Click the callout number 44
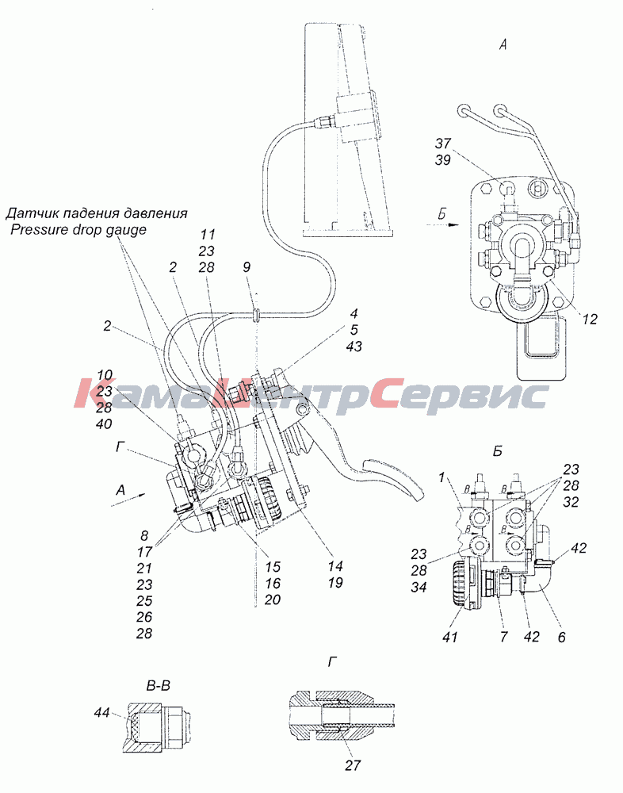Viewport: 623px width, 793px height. click(102, 713)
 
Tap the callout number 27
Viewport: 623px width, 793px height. click(353, 765)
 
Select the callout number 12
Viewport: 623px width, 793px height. click(590, 319)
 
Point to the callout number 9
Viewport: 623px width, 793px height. click(247, 266)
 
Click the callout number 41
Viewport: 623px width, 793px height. click(449, 636)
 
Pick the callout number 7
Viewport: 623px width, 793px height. click(503, 636)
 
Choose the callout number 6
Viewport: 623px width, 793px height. click(561, 636)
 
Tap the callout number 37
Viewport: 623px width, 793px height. click(442, 144)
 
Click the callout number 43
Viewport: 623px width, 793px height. click(354, 347)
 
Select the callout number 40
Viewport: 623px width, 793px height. click(104, 423)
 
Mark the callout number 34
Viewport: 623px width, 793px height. click(419, 587)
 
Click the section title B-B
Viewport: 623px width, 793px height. click(158, 686)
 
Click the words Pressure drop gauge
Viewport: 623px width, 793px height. click(78, 230)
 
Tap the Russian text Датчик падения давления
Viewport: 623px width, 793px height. click(96, 213)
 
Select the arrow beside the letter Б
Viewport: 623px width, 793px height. click(447, 224)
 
